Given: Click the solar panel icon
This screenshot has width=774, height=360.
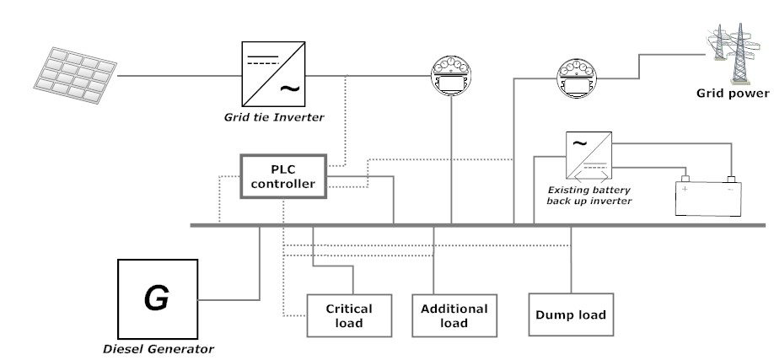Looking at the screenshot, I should (x=74, y=75).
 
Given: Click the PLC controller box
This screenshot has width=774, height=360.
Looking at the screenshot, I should (x=282, y=175).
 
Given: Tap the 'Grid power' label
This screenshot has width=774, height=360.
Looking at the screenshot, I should (x=732, y=93).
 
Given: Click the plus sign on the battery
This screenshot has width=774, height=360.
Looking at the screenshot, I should (x=685, y=189).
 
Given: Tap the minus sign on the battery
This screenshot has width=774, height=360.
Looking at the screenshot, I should (x=729, y=189).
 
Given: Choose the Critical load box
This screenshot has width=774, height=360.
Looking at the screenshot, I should (x=348, y=315).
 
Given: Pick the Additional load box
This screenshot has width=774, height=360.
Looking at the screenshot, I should (x=454, y=315).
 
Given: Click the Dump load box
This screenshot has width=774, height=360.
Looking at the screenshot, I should (x=571, y=315).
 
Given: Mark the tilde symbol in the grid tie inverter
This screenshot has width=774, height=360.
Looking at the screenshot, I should (x=288, y=87).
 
